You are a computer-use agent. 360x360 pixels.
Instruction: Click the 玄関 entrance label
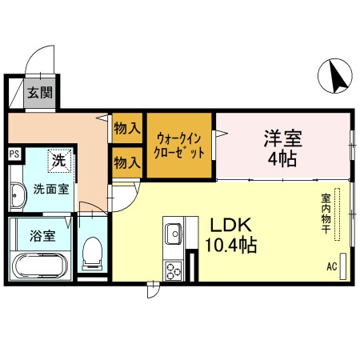pyautogui.click(x=40, y=92)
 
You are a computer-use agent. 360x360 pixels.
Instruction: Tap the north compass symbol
pyautogui.click(x=336, y=77)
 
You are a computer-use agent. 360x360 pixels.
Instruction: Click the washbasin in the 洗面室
pyautogui.click(x=18, y=194)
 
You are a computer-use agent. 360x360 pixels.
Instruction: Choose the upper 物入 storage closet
pyautogui.click(x=126, y=127)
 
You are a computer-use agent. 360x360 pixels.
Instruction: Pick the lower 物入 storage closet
pyautogui.click(x=126, y=162)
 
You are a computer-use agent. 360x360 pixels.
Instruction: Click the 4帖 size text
pyautogui.click(x=282, y=158)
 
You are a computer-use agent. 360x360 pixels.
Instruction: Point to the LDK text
pyautogui.click(x=231, y=225)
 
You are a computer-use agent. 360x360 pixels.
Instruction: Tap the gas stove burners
pyautogui.click(x=174, y=270)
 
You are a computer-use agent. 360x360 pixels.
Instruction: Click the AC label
pyautogui.click(x=331, y=266)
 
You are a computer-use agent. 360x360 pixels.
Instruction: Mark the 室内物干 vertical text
pyautogui.click(x=327, y=214)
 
